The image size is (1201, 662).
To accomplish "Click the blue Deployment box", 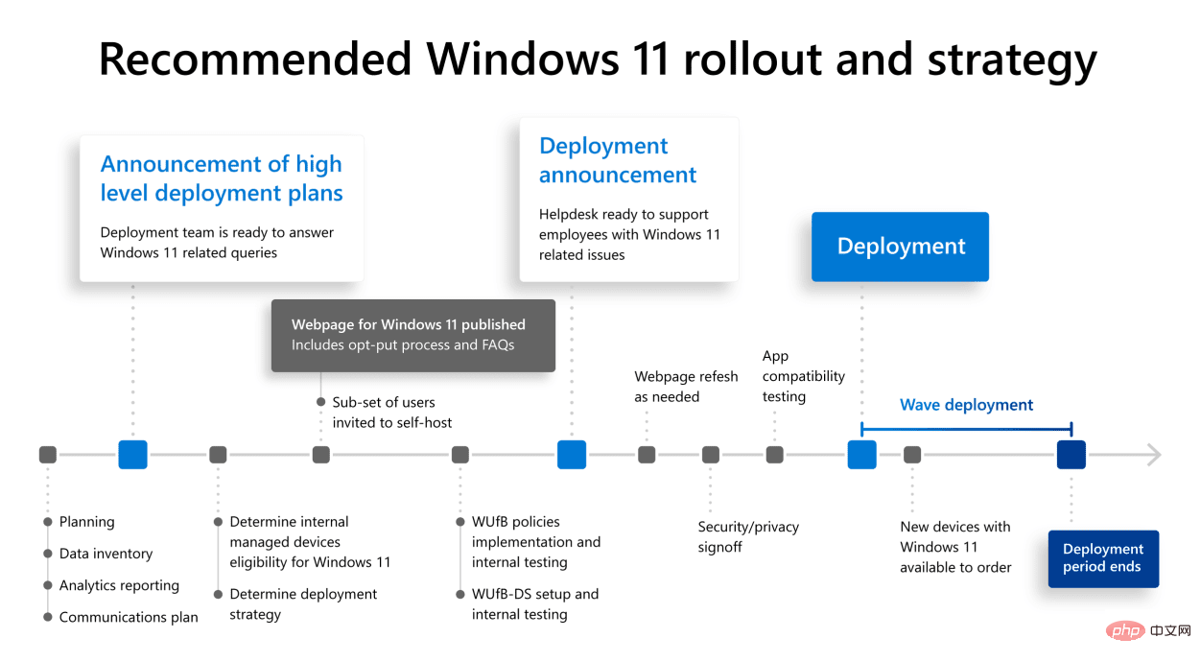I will (x=900, y=247).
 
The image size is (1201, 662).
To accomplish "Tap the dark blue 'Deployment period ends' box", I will (x=1103, y=558).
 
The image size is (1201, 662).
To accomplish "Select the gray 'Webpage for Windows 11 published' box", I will (x=412, y=335).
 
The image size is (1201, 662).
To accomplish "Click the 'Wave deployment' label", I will (x=966, y=405).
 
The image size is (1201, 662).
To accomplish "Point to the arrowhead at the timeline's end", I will (x=1153, y=455).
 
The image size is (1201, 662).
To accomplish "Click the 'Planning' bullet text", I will (x=86, y=522).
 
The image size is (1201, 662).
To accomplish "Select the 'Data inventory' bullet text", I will (x=106, y=554).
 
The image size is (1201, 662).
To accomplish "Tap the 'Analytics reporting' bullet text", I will (x=119, y=585).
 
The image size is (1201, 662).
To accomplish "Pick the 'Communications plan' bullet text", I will (x=129, y=617).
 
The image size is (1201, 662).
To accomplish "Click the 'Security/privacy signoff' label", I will (x=748, y=536).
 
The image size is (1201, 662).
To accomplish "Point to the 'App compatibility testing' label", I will (x=803, y=376).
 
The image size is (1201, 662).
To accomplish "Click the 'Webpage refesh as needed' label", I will (x=686, y=387).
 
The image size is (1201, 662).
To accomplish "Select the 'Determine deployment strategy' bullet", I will (x=303, y=603).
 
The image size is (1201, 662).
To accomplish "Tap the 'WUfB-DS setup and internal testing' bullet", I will (x=534, y=603).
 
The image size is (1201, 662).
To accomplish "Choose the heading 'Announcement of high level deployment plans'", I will (x=222, y=178).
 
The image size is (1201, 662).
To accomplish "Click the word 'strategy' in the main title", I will (x=1011, y=59).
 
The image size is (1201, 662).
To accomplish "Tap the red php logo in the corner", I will (x=1123, y=630).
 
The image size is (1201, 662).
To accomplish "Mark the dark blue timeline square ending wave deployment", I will (x=1071, y=455).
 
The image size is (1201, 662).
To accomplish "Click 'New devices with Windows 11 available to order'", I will (x=955, y=547).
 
